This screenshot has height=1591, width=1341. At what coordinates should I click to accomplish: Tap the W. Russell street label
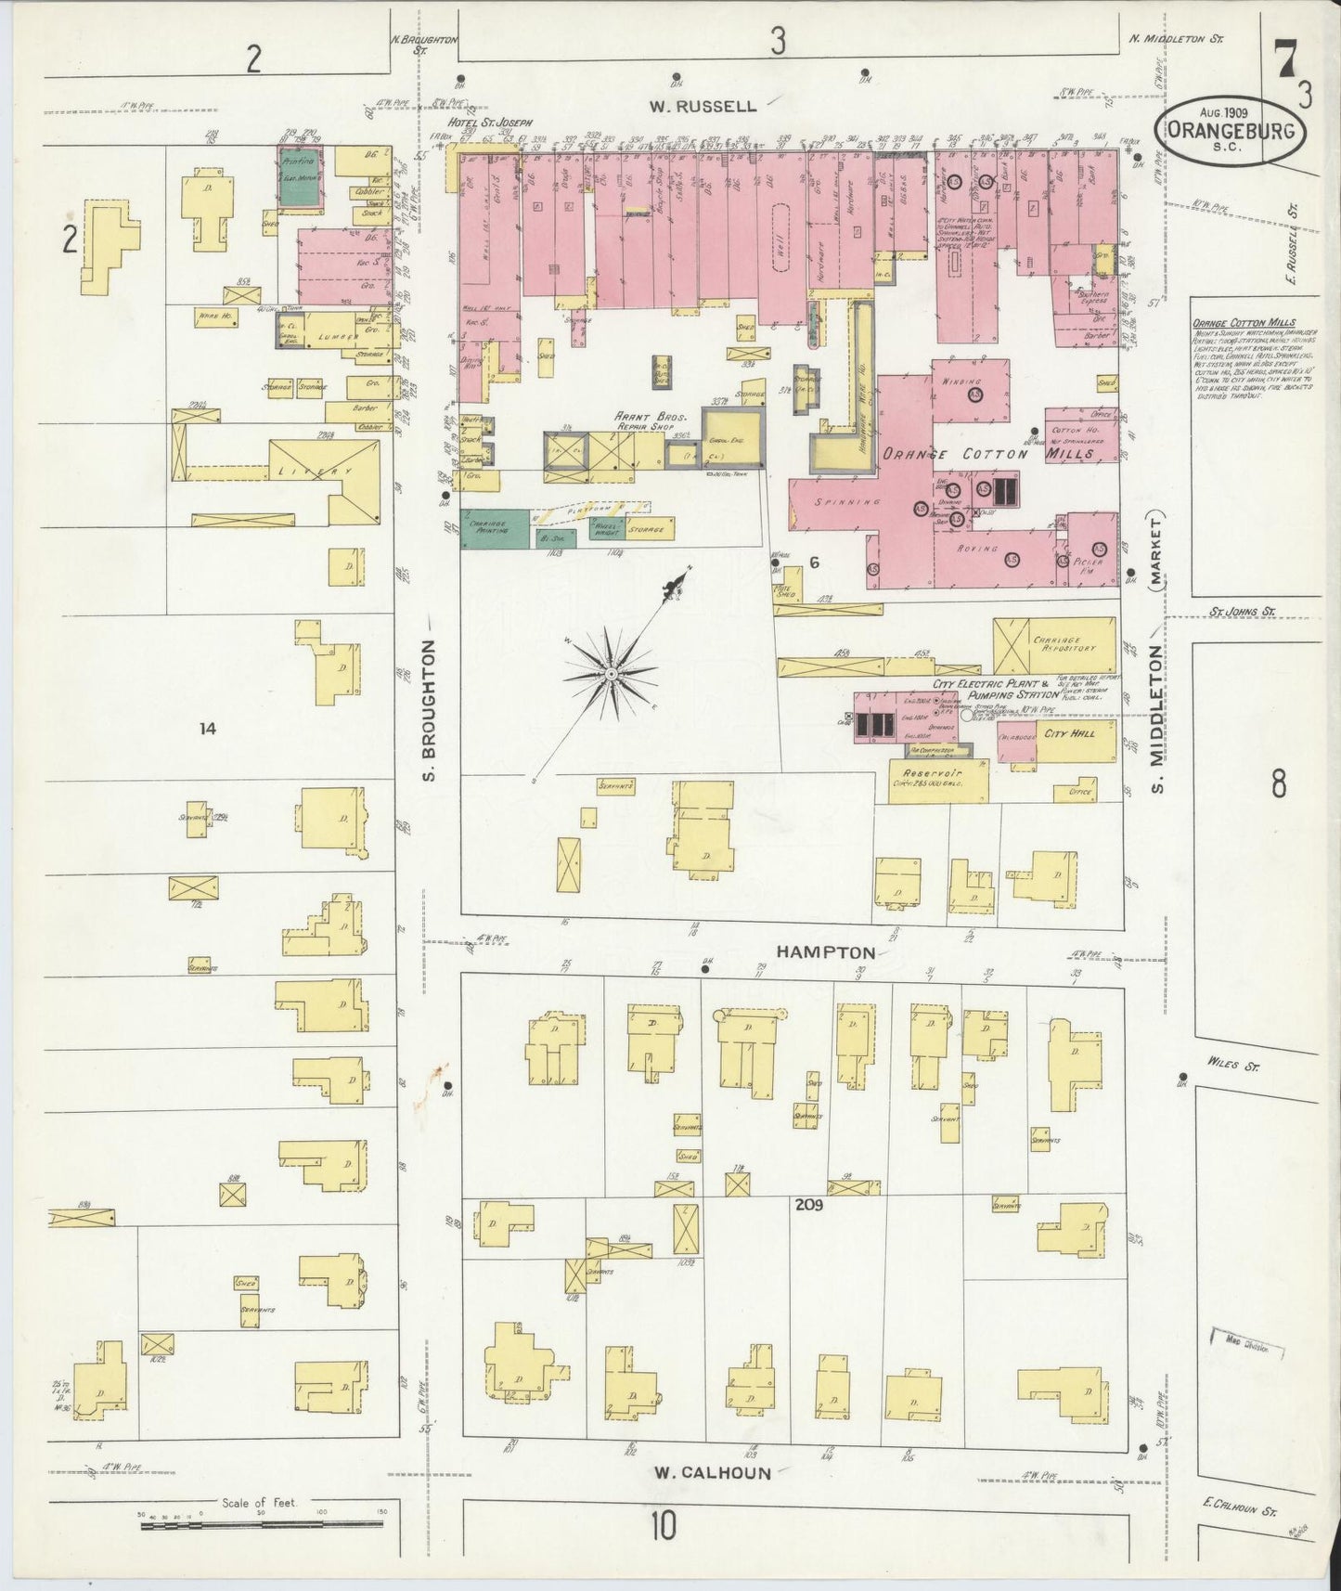(x=703, y=106)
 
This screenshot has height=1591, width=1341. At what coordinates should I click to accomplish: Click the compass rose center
(x=612, y=670)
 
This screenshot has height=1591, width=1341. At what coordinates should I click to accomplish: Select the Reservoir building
(x=938, y=778)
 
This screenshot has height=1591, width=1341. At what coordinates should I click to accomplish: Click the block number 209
(x=809, y=1205)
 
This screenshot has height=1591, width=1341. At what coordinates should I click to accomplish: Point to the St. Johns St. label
(x=1243, y=612)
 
